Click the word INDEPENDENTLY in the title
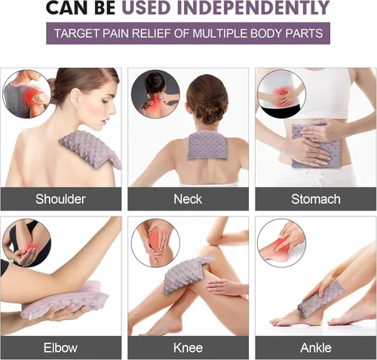click(253, 8)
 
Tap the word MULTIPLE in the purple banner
click(220, 33)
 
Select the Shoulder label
click(60, 199)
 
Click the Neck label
click(188, 199)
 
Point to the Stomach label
click(316, 199)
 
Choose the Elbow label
click(60, 348)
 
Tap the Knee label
click(188, 348)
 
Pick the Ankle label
click(316, 348)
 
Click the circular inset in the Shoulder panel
click(26, 94)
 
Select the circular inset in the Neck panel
click(155, 94)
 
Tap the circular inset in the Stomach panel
click(282, 94)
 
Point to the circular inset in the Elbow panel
click(26, 243)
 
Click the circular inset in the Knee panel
click(155, 243)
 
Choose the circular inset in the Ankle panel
click(282, 243)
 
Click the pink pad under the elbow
click(66, 300)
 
